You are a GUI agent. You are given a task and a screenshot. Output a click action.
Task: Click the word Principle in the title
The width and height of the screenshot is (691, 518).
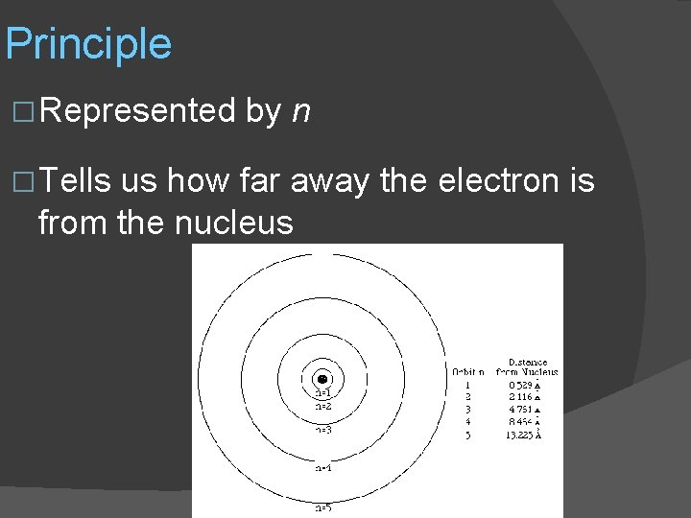pos(88,45)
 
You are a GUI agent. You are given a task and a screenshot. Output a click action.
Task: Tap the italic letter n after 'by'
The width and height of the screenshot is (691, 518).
pos(301,112)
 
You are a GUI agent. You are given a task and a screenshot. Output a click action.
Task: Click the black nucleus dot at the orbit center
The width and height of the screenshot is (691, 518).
pos(323,379)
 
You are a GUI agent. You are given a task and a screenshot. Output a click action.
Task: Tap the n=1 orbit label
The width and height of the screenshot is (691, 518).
pos(323,393)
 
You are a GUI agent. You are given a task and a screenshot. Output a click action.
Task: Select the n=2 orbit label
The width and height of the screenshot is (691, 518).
pos(323,406)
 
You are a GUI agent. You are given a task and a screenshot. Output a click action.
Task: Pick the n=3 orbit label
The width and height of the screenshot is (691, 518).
pos(323,430)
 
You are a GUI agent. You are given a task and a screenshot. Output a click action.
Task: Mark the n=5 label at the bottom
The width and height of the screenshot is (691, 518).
pos(323,507)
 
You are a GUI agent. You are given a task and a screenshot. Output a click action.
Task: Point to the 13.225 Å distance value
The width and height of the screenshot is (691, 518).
pos(523,434)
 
